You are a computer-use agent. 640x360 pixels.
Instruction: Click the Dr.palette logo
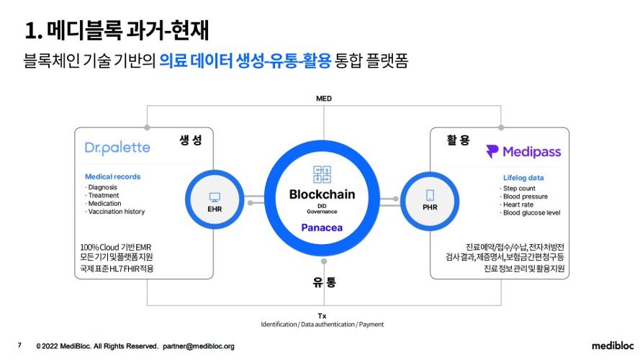coord(117,148)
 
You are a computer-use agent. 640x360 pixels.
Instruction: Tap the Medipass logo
coord(523,152)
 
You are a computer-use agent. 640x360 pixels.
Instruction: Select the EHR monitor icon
coord(215,197)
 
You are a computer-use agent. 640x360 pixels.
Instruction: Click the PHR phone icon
coord(431,195)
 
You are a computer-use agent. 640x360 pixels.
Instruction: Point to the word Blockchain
coord(322,194)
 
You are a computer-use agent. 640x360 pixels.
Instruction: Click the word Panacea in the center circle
coord(322,228)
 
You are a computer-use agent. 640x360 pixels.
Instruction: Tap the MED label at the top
coord(323,98)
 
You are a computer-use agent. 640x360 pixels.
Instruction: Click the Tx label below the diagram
coord(322,315)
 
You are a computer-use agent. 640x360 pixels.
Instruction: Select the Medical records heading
coord(113,176)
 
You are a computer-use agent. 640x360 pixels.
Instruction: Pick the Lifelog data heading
coord(523,178)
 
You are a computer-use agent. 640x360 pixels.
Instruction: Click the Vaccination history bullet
coord(115,212)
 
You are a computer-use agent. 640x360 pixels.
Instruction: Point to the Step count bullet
coord(519,189)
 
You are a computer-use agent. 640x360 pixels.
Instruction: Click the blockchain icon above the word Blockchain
coord(322,174)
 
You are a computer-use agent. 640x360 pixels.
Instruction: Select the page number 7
coord(19,346)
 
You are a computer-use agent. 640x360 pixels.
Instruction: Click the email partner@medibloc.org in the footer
coord(199,346)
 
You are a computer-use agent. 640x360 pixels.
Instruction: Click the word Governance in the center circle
coord(322,212)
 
